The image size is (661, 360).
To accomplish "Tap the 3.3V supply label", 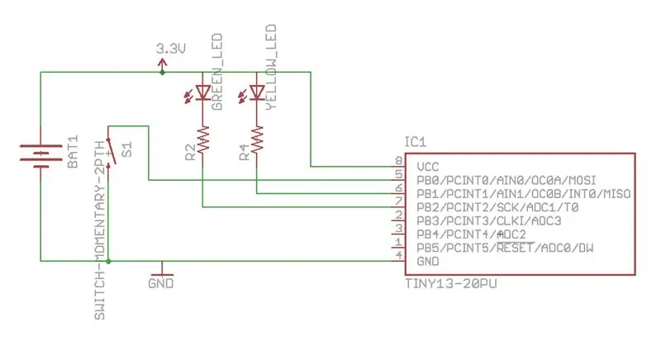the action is (171, 49).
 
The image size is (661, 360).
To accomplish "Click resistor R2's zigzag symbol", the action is (202, 140).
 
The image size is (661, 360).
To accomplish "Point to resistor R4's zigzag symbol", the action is (257, 140).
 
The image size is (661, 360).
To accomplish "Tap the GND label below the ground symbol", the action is (160, 283).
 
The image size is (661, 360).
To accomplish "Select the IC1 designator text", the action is (416, 142).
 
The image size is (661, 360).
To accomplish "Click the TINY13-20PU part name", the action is (450, 284).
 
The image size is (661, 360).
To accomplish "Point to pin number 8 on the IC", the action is (399, 160).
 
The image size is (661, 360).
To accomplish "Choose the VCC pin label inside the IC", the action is (427, 167).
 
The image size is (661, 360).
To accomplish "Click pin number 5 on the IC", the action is (399, 174).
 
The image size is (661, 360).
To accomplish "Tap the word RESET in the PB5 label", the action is (515, 248).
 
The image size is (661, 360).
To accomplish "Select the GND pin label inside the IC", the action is (427, 262).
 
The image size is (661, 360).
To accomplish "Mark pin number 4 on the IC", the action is (399, 255).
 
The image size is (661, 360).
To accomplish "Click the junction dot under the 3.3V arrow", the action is (162, 73).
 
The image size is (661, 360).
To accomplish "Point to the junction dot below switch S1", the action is (108, 262).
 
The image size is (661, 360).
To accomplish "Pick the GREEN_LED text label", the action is (216, 72).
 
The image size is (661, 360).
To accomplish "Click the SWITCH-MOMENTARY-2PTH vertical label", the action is (99, 230).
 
